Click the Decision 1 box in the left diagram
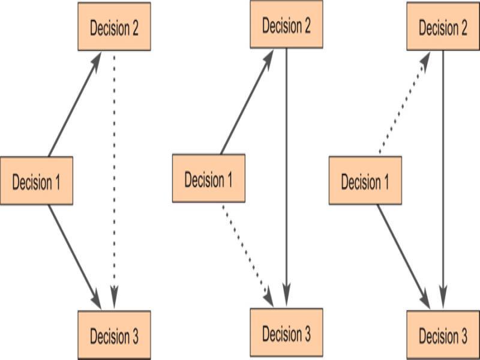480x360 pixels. (x=37, y=182)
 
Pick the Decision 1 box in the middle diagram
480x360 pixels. (x=209, y=179)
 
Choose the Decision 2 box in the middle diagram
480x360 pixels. (x=287, y=25)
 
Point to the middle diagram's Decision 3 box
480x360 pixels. (x=287, y=332)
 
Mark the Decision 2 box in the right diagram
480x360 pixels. (x=443, y=28)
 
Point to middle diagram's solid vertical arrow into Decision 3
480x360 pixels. (x=287, y=180)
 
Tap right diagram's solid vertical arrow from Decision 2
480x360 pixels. (x=443, y=180)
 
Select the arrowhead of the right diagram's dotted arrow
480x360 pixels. (x=425, y=60)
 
